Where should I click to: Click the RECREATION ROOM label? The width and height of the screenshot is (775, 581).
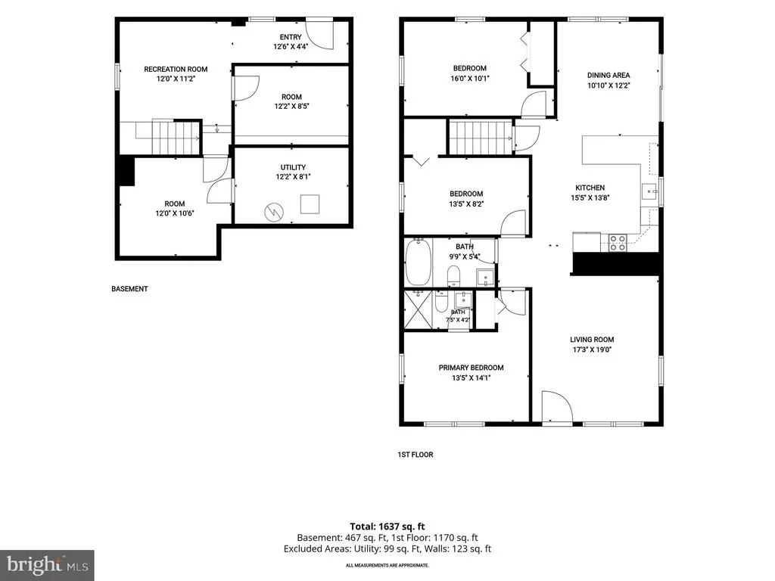click(x=176, y=69)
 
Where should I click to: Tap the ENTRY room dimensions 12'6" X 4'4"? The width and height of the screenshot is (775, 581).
click(x=291, y=46)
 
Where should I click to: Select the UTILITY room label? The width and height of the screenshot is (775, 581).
click(x=293, y=167)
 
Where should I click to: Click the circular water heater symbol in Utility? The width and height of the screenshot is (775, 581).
click(x=274, y=213)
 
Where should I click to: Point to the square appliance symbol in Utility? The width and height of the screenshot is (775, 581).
click(x=310, y=204)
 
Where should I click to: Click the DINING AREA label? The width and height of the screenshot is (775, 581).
click(x=608, y=75)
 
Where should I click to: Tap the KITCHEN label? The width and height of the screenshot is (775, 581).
click(x=590, y=188)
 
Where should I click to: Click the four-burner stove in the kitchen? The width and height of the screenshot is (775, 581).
click(x=618, y=243)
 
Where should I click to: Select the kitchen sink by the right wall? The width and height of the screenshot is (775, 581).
click(x=649, y=191)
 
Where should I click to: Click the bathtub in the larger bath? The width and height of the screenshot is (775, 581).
click(x=418, y=262)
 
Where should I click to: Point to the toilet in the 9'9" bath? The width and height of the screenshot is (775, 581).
click(x=454, y=275)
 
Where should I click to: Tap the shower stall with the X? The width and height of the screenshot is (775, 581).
click(x=418, y=309)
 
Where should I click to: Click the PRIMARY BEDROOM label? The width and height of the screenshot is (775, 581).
click(x=471, y=368)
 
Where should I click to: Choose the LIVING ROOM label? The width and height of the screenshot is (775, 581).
click(x=592, y=340)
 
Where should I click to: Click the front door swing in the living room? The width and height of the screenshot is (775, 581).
click(x=556, y=406)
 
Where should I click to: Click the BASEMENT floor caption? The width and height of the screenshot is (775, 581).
click(x=129, y=289)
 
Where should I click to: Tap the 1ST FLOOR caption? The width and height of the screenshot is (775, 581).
click(x=416, y=455)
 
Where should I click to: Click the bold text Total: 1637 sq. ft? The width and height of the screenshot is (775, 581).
click(x=387, y=527)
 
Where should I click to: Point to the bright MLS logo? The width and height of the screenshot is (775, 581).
click(x=47, y=565)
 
